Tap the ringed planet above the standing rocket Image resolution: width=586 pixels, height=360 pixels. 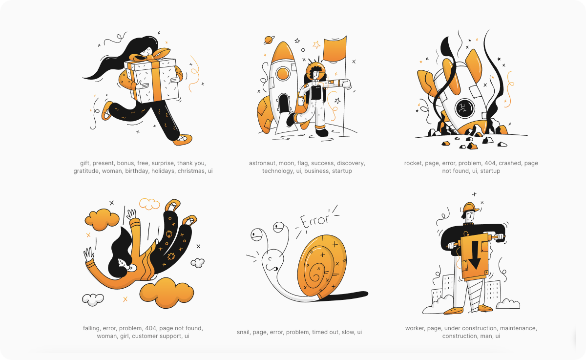coord(269,40)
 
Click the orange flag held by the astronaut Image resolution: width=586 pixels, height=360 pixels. coord(335,49)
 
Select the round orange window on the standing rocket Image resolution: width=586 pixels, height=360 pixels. coord(283,74)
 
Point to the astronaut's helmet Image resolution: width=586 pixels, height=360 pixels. coord(316,72)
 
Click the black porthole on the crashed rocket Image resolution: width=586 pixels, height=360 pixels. coord(464,108)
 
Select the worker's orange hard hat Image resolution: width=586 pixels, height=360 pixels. coord(470,207)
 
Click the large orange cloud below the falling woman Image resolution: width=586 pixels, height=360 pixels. coord(167,293)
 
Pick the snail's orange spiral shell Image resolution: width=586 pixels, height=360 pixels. coord(322,266)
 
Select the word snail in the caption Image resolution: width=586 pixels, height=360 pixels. coord(243,332)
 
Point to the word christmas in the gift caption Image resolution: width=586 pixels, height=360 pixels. coord(192,171)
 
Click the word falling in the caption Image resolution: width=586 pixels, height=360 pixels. coord(91,328)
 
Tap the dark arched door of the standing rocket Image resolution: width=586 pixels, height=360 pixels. coord(284,104)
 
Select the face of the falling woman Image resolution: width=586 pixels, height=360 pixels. coord(124,265)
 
